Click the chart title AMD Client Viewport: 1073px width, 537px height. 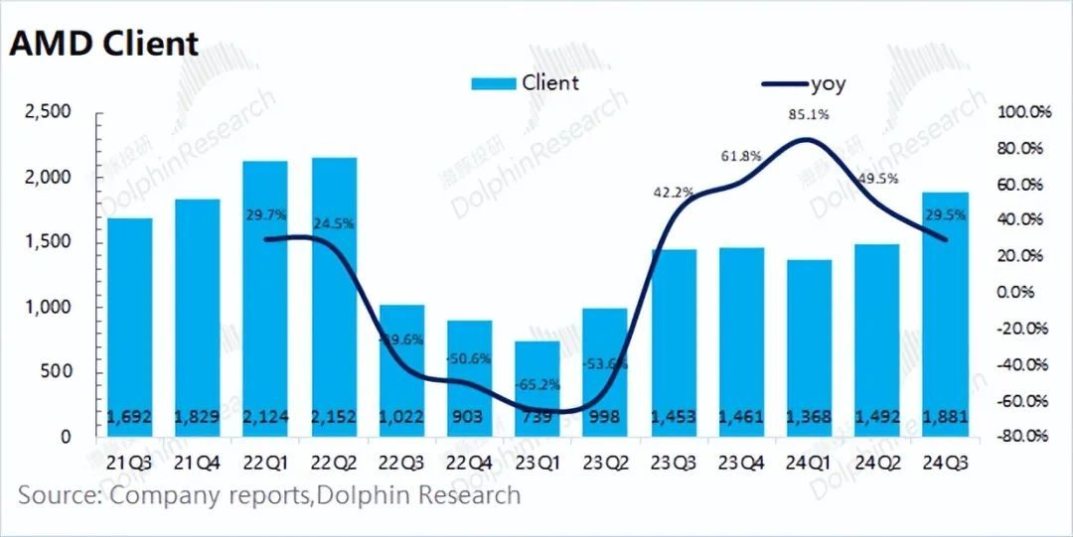click(x=104, y=43)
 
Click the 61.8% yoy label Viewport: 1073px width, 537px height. click(x=741, y=156)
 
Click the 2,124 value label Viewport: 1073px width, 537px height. click(x=263, y=418)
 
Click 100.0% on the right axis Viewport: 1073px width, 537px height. click(x=1022, y=112)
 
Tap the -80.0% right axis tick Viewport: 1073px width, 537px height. click(x=1022, y=437)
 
